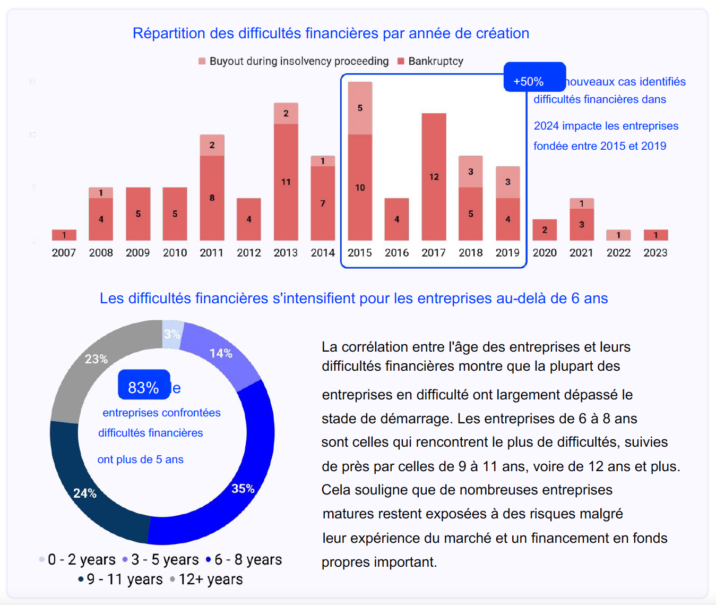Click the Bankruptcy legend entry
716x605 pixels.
pyautogui.click(x=430, y=61)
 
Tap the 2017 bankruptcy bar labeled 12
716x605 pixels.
pyautogui.click(x=434, y=176)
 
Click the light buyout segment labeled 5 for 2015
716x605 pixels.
pyautogui.click(x=360, y=108)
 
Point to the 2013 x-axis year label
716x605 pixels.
pyautogui.click(x=286, y=253)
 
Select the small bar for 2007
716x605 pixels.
pyautogui.click(x=64, y=235)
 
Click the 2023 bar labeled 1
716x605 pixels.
pyautogui.click(x=655, y=235)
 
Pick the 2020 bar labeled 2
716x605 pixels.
pyautogui.click(x=545, y=229)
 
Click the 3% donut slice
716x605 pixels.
pyautogui.click(x=171, y=334)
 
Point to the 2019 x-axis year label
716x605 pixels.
pyautogui.click(x=507, y=253)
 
